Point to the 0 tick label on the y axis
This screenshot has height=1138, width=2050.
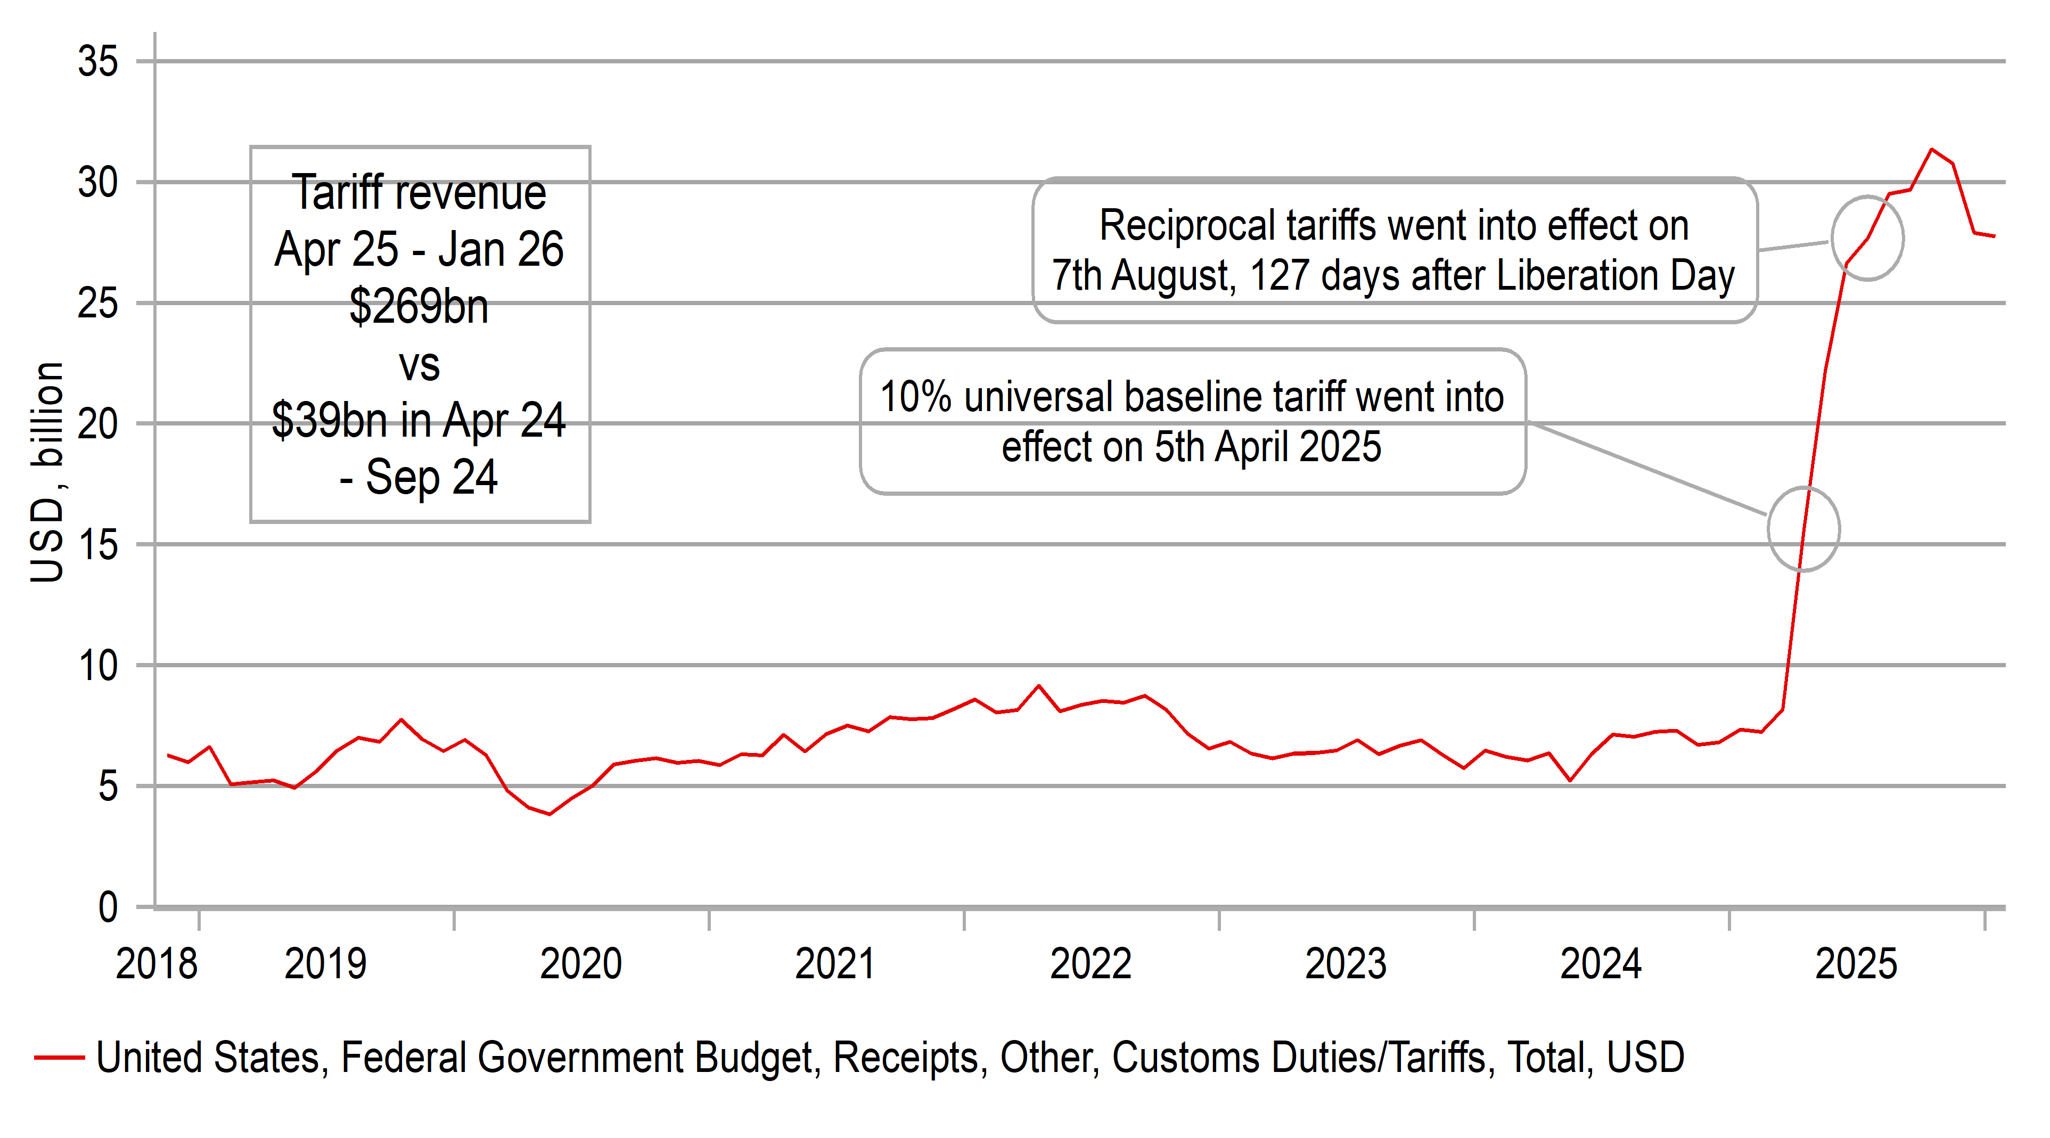pos(108,907)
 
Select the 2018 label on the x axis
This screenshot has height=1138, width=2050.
pos(156,964)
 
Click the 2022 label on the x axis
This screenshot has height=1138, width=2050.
pos(1090,964)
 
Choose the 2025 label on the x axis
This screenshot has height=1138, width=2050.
pos(1856,964)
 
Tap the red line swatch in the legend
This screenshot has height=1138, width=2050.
pos(59,1058)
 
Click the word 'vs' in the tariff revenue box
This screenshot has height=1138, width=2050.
pos(419,364)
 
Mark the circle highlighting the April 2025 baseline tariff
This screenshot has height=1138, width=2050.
pos(1803,528)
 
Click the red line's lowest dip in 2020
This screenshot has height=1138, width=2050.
pos(549,813)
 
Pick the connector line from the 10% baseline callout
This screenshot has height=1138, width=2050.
pos(1647,470)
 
